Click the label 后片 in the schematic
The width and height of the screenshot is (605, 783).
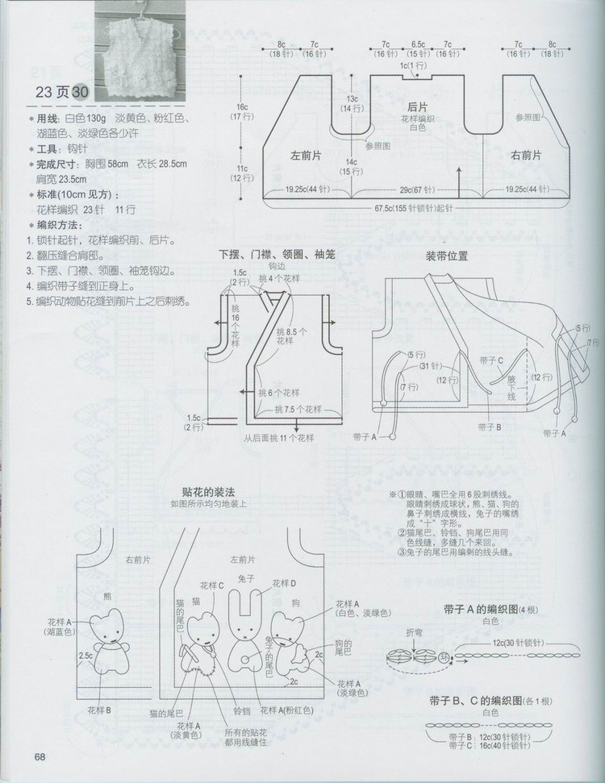tap(416, 106)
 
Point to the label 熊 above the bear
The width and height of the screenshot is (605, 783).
tap(108, 596)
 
